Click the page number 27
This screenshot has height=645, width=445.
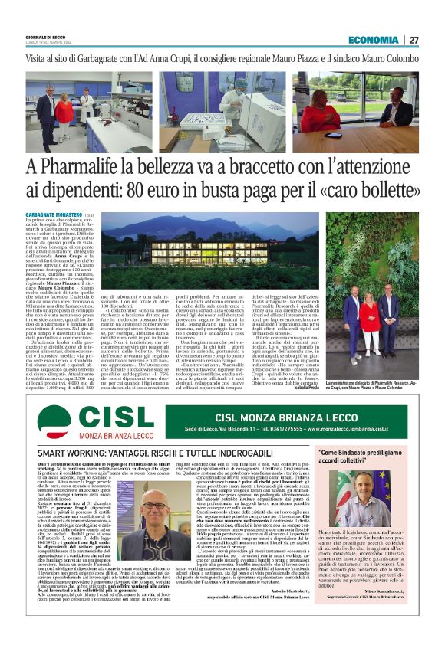coord(414,40)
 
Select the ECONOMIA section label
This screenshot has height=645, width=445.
coord(372,40)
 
